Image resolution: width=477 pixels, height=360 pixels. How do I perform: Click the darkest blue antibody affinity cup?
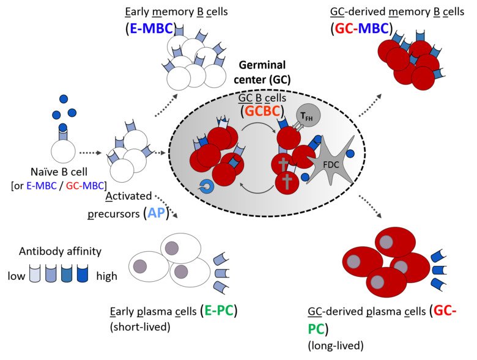(x=83, y=273)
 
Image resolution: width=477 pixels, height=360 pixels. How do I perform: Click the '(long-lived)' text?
(x=336, y=345)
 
